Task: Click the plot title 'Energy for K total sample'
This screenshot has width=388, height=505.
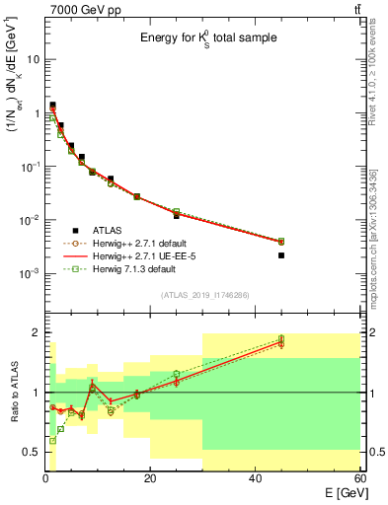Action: pos(206,38)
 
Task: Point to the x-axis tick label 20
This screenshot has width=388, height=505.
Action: pos(150,480)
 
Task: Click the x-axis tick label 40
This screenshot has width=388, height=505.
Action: pos(255,480)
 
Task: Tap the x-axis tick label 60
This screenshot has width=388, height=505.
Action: pos(358,480)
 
